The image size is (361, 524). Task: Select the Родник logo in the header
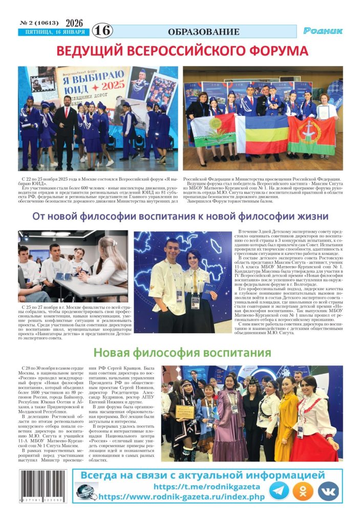pyautogui.click(x=323, y=31)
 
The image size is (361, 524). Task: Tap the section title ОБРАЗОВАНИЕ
pyautogui.click(x=203, y=32)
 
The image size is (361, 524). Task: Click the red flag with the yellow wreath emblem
pyautogui.click(x=311, y=134)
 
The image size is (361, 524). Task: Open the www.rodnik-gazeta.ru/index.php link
pyautogui.click(x=181, y=497)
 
